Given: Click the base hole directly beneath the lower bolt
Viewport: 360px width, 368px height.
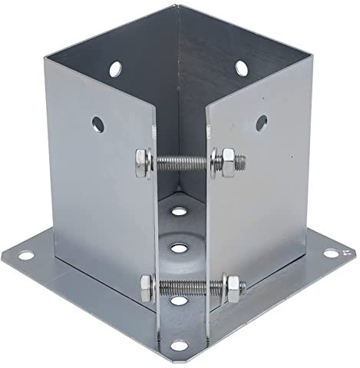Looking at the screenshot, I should coord(178,301).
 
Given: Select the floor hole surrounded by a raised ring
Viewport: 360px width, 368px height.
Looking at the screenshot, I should coord(179,248).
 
